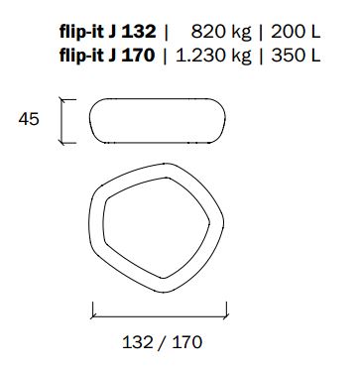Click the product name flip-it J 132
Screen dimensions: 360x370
pos(107,33)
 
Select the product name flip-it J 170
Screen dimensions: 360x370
pos(107,56)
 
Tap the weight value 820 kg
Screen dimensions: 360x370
pos(221,33)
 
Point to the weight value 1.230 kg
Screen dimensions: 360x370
pos(213,56)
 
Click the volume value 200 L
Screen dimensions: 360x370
pos(296,33)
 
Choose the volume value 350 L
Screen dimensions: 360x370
pos(296,56)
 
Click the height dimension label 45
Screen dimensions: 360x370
pos(29,119)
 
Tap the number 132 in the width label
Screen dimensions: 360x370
pos(138,342)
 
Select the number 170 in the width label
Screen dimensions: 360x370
pos(186,342)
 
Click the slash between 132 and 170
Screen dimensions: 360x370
pos(162,342)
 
